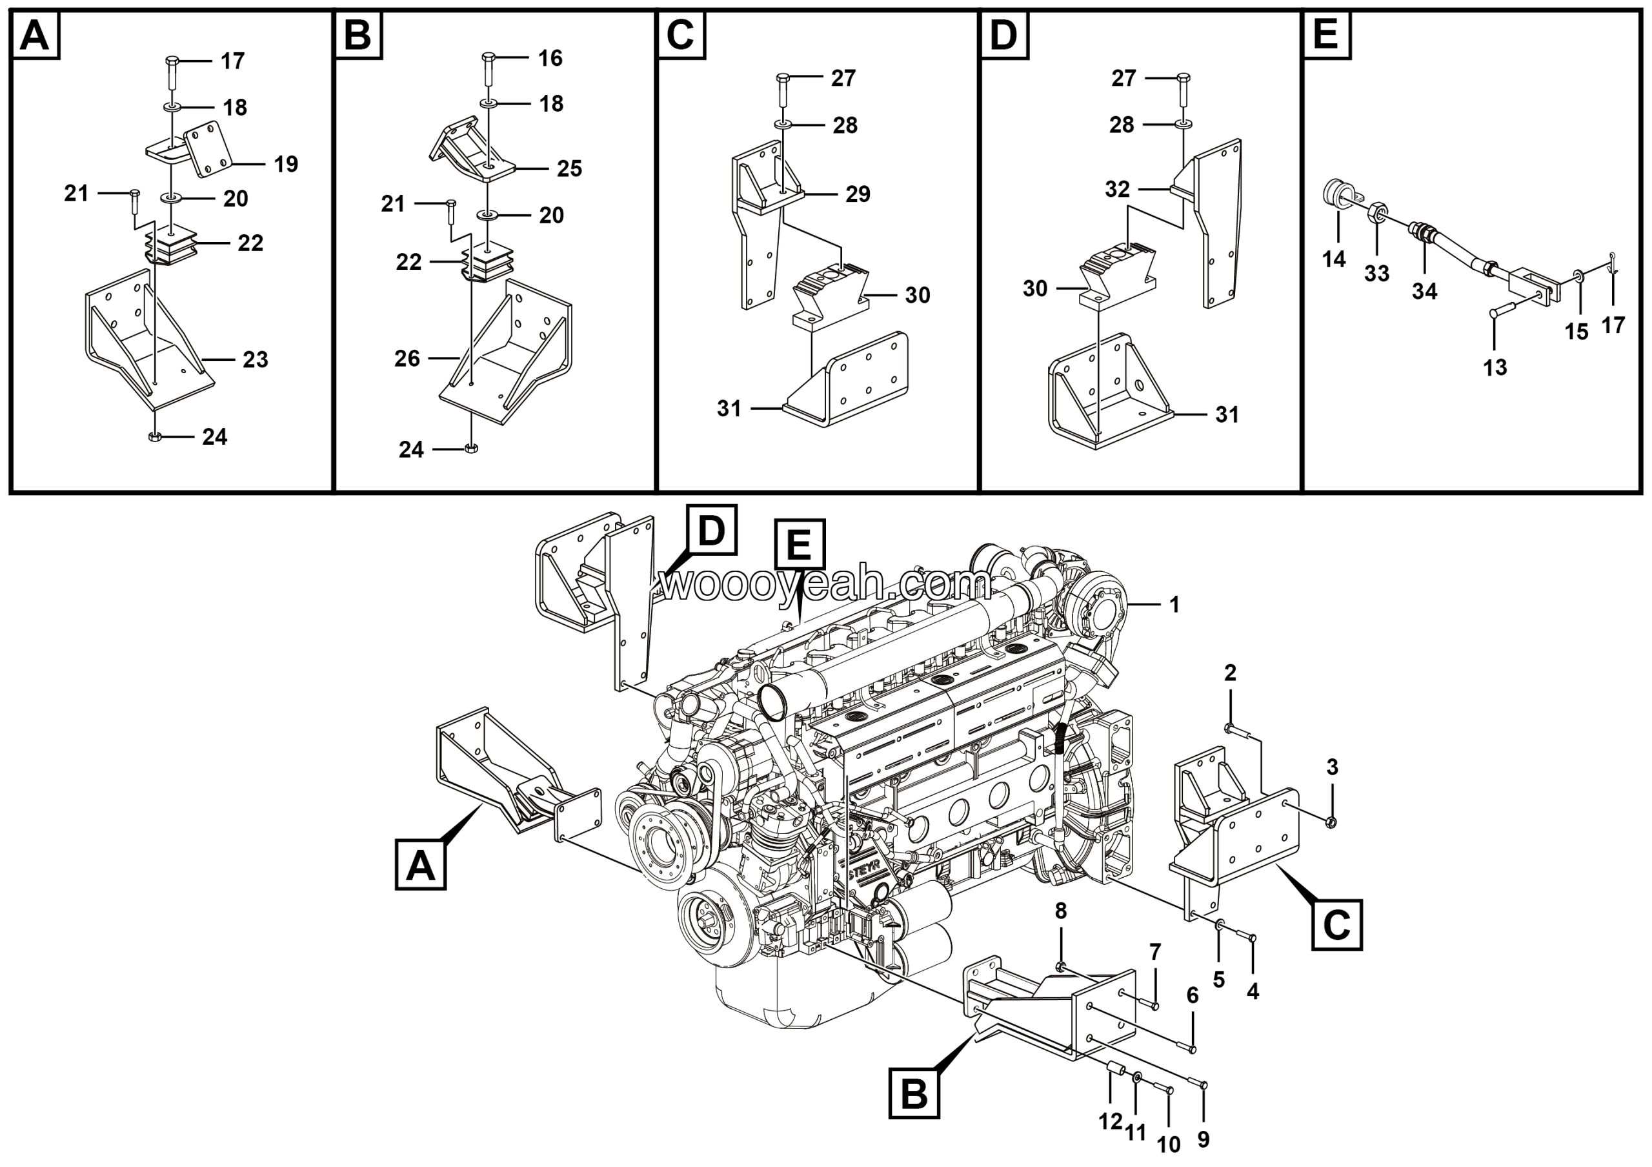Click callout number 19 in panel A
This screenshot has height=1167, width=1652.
(286, 164)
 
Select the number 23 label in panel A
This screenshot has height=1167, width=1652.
(256, 359)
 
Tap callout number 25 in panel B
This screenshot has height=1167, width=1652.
(569, 168)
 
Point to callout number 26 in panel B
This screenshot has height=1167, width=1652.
(407, 358)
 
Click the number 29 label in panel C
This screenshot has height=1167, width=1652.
(858, 194)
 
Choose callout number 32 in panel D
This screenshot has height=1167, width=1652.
(1118, 189)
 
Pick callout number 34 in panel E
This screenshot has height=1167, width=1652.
(1424, 291)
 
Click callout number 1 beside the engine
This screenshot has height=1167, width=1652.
(1174, 605)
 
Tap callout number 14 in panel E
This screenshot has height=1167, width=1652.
(1333, 259)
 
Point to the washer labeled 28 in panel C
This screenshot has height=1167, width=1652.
(783, 125)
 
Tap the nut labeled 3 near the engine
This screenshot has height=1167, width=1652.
(1331, 822)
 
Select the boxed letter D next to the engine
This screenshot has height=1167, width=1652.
(711, 531)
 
